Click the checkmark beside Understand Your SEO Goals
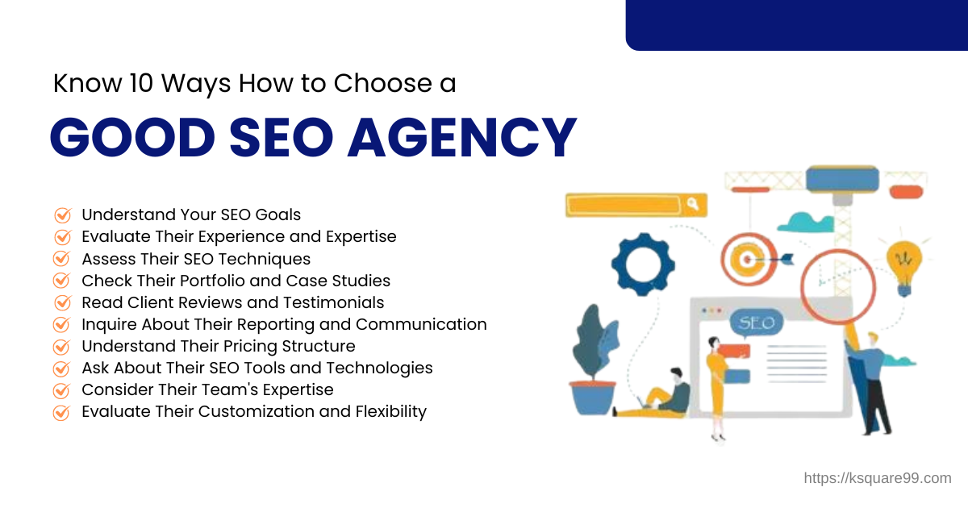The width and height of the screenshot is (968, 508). (x=61, y=215)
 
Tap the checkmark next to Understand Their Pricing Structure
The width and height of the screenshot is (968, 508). (x=61, y=347)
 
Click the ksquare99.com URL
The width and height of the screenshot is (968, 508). (x=878, y=478)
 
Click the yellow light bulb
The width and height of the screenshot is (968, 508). (x=903, y=260)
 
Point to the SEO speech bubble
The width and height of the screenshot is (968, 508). (x=756, y=324)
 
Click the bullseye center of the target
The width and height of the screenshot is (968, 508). (x=749, y=259)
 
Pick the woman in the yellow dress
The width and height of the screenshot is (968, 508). (x=716, y=379)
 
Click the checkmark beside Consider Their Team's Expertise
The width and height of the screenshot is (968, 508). (x=61, y=390)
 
